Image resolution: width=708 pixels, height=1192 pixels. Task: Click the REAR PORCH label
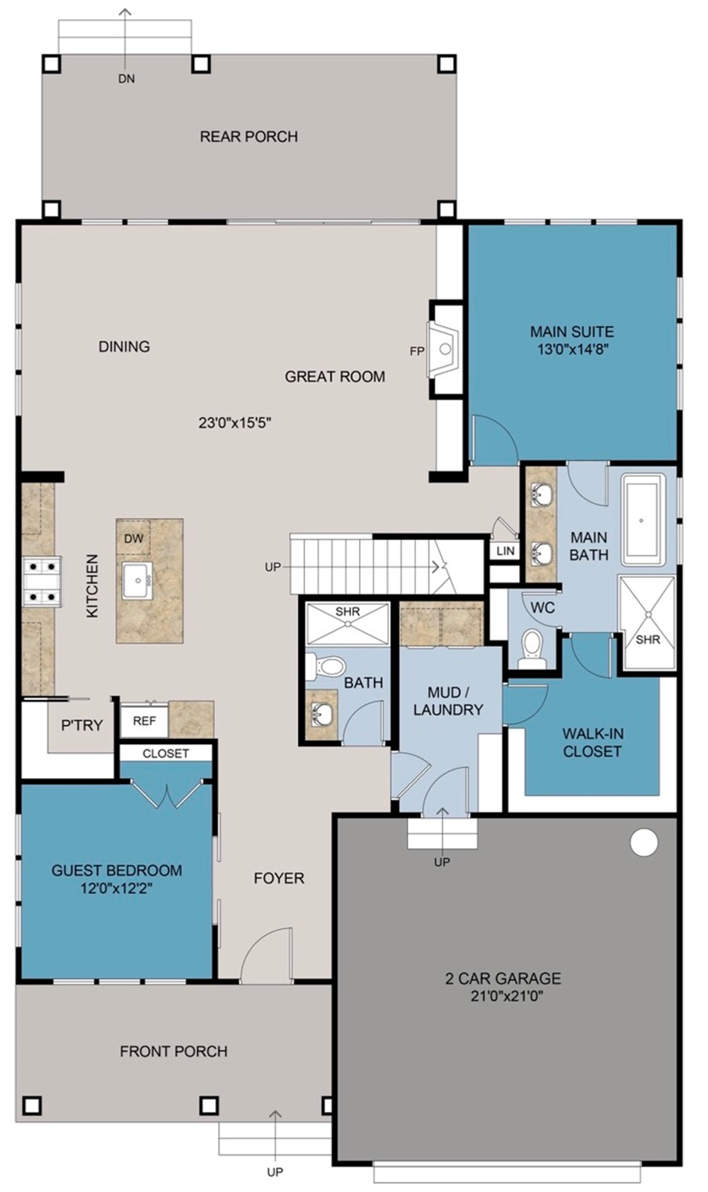(x=248, y=136)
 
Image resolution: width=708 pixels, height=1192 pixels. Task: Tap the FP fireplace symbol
(x=444, y=349)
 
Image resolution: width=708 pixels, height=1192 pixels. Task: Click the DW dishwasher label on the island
(x=133, y=538)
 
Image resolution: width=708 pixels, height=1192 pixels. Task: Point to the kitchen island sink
(x=137, y=580)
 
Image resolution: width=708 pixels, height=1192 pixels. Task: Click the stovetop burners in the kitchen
(x=41, y=581)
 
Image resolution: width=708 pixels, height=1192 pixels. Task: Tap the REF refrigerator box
(x=144, y=721)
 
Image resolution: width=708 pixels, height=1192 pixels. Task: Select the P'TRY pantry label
(x=81, y=725)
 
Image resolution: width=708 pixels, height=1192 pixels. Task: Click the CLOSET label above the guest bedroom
(x=166, y=753)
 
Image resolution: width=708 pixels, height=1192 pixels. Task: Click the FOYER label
(x=279, y=878)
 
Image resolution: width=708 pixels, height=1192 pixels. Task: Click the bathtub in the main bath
(x=642, y=520)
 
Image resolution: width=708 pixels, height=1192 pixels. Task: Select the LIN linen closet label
(x=505, y=551)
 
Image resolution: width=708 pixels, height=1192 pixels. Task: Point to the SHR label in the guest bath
(x=347, y=611)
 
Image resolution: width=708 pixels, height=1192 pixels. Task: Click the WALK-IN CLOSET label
(x=592, y=742)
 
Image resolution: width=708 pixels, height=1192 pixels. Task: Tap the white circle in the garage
(x=644, y=842)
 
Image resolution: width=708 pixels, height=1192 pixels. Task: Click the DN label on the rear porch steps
(x=126, y=79)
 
